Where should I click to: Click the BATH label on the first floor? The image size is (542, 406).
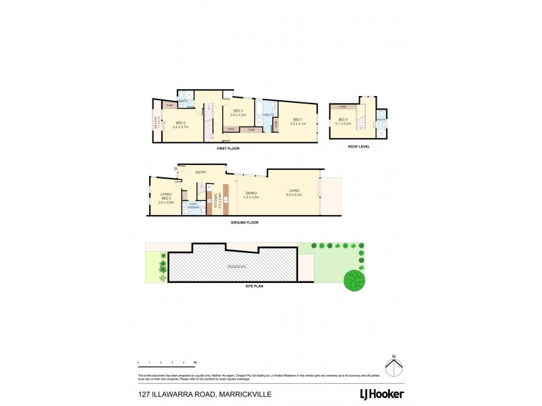pyautogui.click(x=183, y=101)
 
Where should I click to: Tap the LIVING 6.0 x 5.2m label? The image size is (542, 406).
pyautogui.click(x=293, y=193)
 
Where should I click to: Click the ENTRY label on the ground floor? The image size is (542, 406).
pyautogui.click(x=201, y=173)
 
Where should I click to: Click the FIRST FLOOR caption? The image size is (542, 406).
pyautogui.click(x=228, y=148)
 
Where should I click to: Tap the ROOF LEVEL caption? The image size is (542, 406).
pyautogui.click(x=360, y=146)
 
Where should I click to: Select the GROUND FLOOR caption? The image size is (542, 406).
pyautogui.click(x=244, y=222)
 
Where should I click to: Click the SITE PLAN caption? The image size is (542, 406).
pyautogui.click(x=254, y=287)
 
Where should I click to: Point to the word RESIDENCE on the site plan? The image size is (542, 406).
pyautogui.click(x=236, y=267)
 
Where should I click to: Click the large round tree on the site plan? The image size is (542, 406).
pyautogui.click(x=353, y=279)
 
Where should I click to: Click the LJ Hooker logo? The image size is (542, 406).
pyautogui.click(x=381, y=393)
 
